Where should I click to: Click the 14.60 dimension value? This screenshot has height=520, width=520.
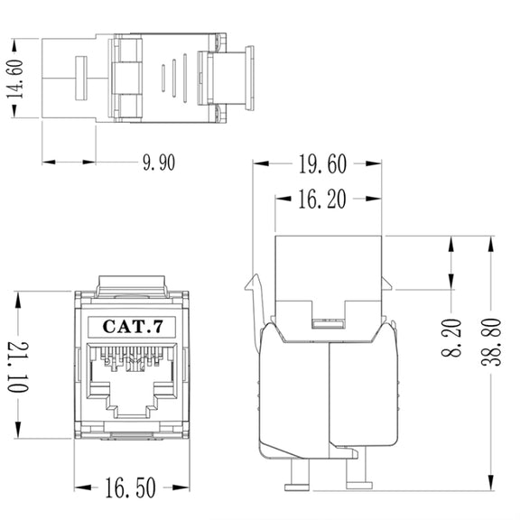point(15,79)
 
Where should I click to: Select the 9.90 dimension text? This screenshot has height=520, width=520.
point(159,162)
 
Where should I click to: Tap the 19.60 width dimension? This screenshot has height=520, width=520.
point(322,163)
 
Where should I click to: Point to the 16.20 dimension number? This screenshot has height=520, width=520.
point(322,199)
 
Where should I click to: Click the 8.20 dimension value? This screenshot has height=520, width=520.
point(451,338)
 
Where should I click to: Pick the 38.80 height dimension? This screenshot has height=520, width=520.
point(491,342)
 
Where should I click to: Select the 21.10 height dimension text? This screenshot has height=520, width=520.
point(18,367)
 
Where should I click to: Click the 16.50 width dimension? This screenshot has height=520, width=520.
point(130,487)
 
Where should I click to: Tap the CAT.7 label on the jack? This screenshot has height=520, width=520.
point(133,326)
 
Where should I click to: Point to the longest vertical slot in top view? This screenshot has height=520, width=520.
point(185,79)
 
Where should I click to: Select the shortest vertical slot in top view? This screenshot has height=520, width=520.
point(163,79)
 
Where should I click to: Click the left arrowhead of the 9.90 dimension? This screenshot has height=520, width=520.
point(49,162)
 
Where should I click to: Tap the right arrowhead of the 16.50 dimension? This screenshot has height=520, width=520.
point(181,487)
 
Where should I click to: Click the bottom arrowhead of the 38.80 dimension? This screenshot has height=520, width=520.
point(491,482)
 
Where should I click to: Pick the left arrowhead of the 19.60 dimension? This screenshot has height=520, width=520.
point(261,163)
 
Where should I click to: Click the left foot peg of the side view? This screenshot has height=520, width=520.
point(298,474)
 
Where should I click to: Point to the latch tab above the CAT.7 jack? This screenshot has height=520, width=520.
point(132,285)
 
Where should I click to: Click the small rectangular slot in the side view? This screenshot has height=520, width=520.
point(329,323)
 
